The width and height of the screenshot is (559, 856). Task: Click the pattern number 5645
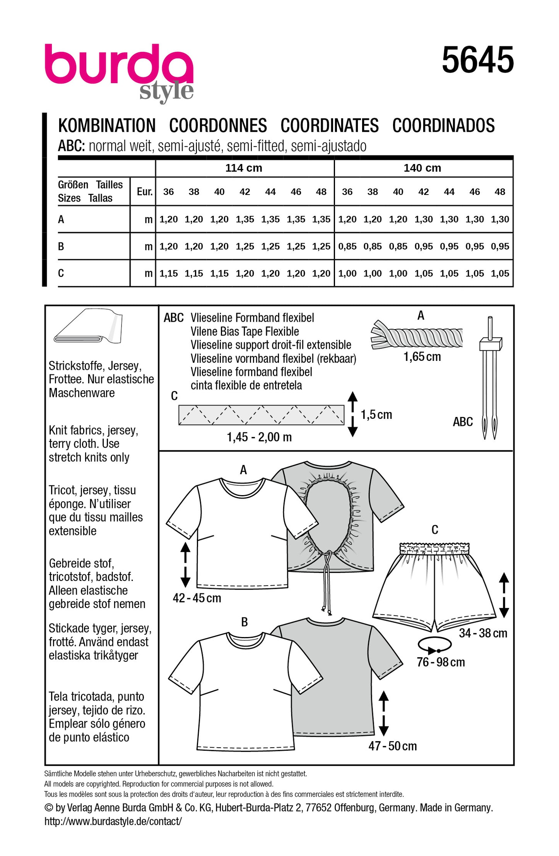[478, 60]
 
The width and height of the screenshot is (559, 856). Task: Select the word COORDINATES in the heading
[330, 126]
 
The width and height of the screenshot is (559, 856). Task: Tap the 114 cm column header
[244, 168]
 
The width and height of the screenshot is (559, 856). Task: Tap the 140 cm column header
[422, 168]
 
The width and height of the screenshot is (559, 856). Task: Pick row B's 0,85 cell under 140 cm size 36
[347, 246]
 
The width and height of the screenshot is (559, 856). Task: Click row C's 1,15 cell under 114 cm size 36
[168, 273]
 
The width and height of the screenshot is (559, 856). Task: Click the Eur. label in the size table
[144, 191]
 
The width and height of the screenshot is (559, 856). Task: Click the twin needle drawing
[489, 377]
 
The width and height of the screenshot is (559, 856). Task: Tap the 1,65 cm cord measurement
[422, 357]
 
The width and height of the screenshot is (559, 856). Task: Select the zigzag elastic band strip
[261, 415]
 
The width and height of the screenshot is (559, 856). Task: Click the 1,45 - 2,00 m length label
[259, 437]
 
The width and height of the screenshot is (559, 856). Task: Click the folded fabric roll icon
[88, 326]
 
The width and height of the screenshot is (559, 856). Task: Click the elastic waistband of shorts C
[434, 548]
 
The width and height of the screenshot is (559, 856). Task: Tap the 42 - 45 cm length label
[197, 598]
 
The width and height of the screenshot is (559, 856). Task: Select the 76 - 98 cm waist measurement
[441, 662]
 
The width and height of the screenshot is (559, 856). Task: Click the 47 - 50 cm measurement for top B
[392, 746]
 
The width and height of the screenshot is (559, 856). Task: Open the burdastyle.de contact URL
[113, 821]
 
